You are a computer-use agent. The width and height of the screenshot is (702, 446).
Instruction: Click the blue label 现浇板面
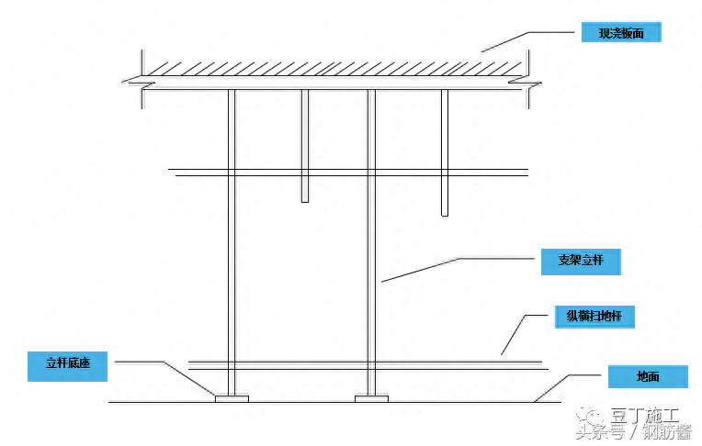[x=620, y=33]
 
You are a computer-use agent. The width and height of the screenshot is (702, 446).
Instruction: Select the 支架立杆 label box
[x=580, y=261]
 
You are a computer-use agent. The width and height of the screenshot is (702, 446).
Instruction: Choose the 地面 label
[x=647, y=375]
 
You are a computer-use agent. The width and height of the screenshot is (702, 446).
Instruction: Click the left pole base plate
[x=232, y=398]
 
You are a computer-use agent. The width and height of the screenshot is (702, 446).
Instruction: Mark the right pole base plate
[x=371, y=398]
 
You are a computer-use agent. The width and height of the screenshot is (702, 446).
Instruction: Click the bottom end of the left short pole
[x=305, y=199]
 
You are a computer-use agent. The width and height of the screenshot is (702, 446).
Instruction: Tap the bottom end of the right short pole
[x=445, y=213]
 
